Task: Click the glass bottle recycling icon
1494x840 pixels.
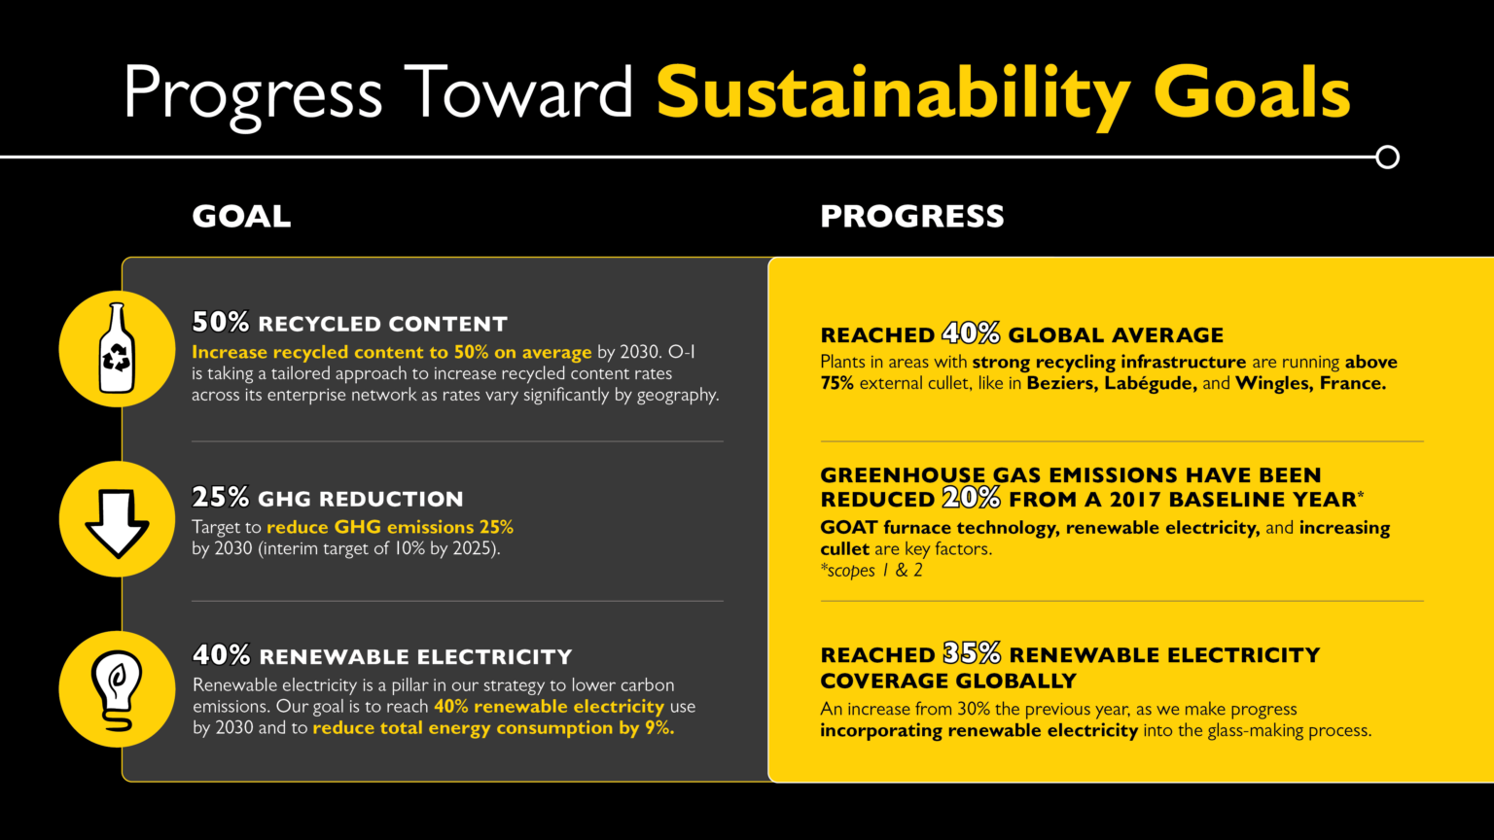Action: click(x=117, y=348)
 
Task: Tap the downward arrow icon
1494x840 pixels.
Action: click(x=117, y=519)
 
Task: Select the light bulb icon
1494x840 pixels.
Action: click(x=117, y=689)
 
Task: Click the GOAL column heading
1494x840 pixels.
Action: click(x=241, y=216)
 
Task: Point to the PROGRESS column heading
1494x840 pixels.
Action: click(x=911, y=216)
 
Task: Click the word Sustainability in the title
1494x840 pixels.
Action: click(x=893, y=94)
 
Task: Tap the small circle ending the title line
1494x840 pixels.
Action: click(x=1388, y=157)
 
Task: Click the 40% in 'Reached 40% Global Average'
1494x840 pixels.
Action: click(x=971, y=334)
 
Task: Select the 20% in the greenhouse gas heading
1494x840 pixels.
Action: click(x=971, y=499)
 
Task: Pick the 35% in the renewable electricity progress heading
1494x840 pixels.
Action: click(x=972, y=654)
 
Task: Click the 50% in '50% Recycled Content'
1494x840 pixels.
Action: click(x=221, y=323)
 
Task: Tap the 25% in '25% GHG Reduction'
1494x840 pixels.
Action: click(x=221, y=498)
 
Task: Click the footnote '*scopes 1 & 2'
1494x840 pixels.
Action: click(x=871, y=571)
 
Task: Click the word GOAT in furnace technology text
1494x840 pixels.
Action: click(x=849, y=528)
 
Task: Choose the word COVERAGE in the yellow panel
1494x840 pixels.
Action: click(x=880, y=681)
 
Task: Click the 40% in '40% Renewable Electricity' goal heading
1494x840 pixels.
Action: click(x=222, y=655)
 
